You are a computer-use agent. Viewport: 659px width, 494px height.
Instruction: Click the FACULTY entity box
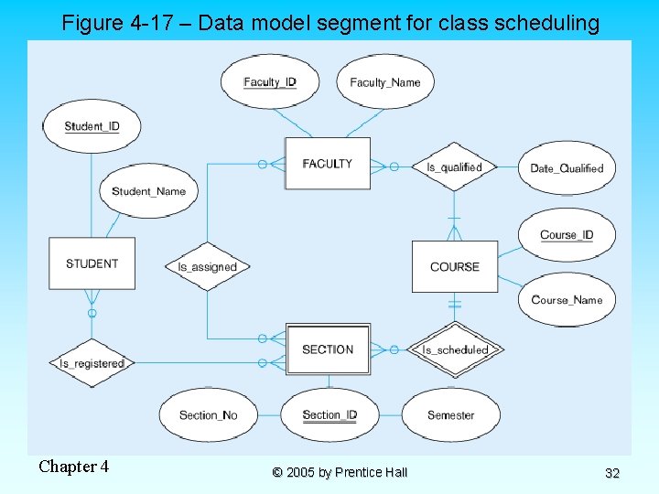(327, 164)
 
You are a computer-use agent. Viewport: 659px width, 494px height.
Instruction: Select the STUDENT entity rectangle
(92, 263)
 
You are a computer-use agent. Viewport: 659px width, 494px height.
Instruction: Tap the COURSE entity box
(455, 266)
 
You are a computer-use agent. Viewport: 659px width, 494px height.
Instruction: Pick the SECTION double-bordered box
(328, 349)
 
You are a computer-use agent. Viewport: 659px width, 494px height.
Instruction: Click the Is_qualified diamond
(454, 166)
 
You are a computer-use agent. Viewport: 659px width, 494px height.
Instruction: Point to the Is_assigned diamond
(207, 267)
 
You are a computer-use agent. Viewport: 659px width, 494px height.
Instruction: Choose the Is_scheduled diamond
(455, 349)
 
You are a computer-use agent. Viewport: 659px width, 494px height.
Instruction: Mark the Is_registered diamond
(92, 363)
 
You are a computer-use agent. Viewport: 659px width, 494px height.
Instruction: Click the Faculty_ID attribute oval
(269, 81)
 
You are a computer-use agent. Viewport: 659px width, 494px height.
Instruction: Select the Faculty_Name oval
(384, 81)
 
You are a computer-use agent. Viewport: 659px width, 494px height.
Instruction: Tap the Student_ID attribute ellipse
(92, 126)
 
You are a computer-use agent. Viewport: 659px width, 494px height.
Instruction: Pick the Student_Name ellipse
(148, 191)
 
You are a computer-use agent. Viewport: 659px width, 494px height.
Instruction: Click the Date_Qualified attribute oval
(567, 168)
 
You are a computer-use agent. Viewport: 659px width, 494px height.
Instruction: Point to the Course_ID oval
(567, 235)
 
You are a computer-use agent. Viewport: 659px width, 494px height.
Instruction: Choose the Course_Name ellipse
(567, 300)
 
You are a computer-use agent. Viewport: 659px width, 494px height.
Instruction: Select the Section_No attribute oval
(208, 414)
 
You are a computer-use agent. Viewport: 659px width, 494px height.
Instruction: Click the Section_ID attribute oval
(329, 414)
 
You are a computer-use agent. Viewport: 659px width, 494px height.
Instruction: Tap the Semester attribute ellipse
(451, 414)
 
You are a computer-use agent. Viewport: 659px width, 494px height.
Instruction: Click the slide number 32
(612, 473)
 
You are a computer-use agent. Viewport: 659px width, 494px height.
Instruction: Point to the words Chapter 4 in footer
(73, 467)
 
